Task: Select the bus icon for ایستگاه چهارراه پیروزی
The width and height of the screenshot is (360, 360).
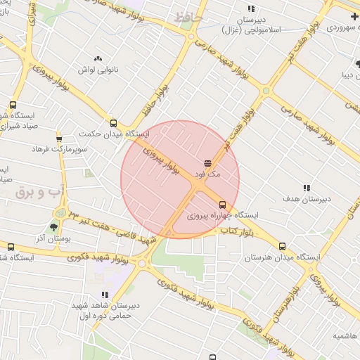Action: click(x=223, y=205)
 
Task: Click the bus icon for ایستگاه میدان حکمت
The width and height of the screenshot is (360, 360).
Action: click(x=114, y=123)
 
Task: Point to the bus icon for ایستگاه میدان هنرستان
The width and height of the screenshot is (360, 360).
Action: click(x=283, y=247)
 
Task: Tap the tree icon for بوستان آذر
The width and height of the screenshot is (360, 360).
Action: click(x=53, y=226)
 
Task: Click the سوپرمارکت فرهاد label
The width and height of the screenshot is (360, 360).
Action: click(x=58, y=149)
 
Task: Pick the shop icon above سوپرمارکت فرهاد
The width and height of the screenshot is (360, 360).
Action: click(x=59, y=139)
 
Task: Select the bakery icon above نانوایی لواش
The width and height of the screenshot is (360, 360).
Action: click(x=97, y=59)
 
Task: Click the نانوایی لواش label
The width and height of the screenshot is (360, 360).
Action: click(x=96, y=70)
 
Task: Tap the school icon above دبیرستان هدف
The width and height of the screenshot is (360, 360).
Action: click(x=307, y=188)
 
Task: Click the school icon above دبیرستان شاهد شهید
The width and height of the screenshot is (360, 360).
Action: click(x=105, y=295)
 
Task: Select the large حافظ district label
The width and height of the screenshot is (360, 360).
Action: click(x=190, y=15)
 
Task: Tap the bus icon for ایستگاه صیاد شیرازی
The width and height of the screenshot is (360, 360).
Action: click(x=13, y=105)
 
